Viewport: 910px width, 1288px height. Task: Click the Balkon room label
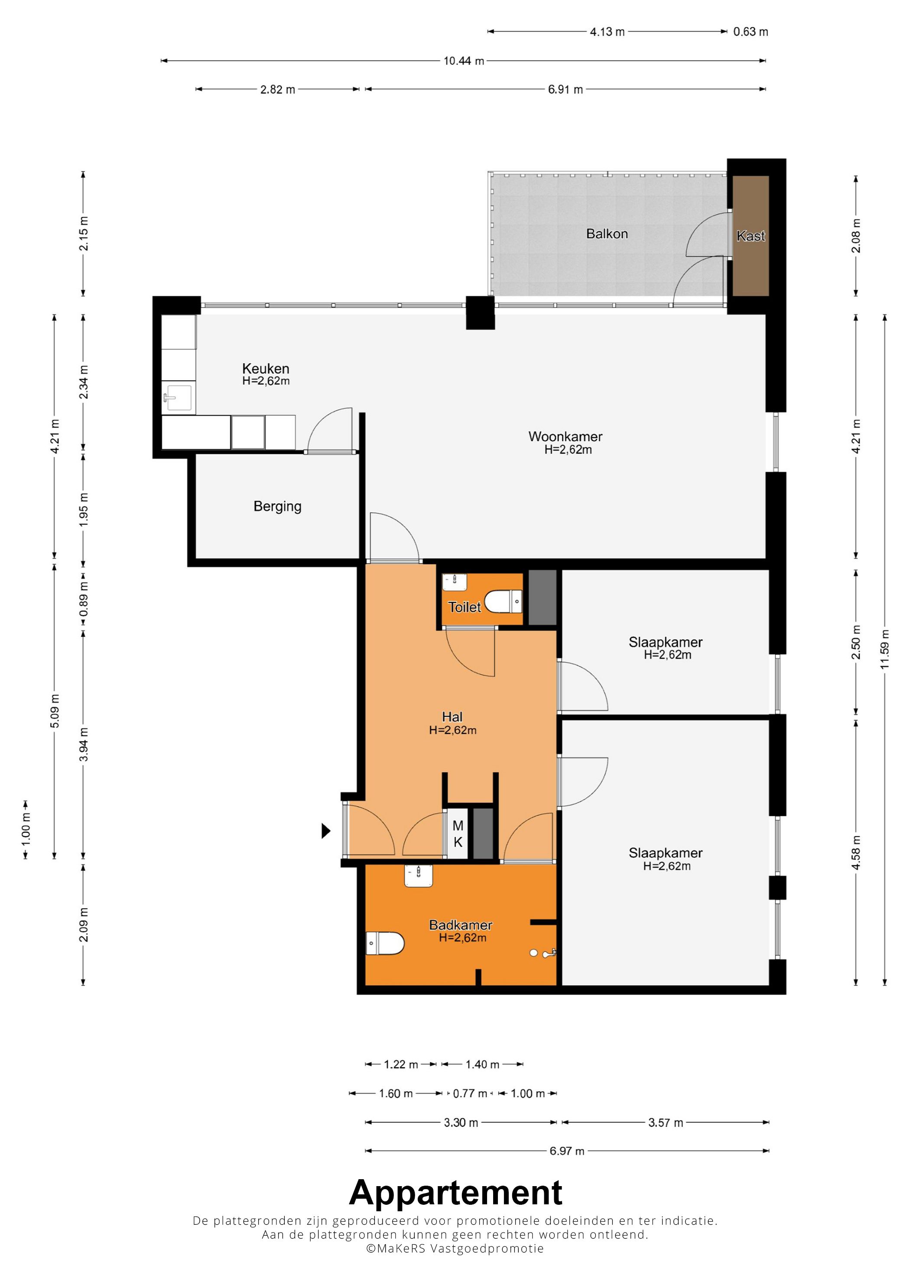[x=607, y=234]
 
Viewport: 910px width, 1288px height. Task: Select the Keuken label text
[x=266, y=368]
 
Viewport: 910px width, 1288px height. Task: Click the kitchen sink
[x=178, y=398]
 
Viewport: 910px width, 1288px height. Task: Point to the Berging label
[x=277, y=506]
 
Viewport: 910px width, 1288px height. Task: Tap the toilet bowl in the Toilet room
[x=503, y=601]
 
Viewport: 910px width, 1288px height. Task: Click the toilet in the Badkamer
[x=385, y=943]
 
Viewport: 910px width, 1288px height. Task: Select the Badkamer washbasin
[x=418, y=875]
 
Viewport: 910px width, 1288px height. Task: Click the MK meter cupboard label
[x=458, y=834]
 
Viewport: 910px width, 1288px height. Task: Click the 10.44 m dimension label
[x=464, y=61]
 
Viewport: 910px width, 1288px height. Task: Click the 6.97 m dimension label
[x=567, y=1151]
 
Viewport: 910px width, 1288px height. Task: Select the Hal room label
[x=452, y=717]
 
